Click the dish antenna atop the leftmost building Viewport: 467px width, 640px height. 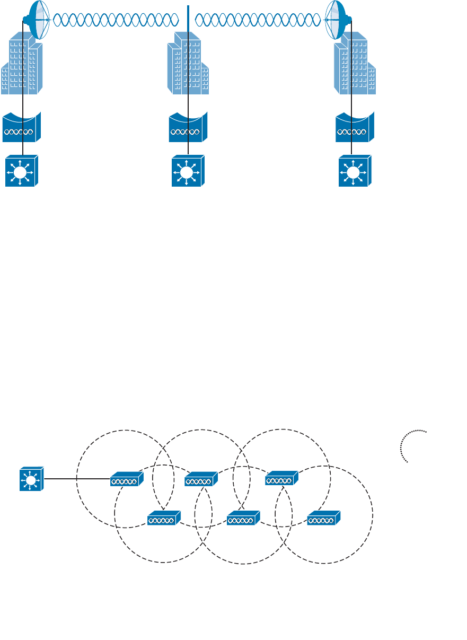tap(37, 20)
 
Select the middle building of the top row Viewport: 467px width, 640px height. tap(187, 64)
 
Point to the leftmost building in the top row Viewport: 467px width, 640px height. tap(22, 64)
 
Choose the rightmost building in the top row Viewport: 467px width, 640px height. tap(355, 64)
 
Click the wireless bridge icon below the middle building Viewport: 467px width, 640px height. tap(188, 128)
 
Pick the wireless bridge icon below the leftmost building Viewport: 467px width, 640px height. tap(21, 128)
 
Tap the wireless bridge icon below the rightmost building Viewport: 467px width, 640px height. tap(355, 128)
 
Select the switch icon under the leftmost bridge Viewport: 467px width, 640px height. tap(22, 171)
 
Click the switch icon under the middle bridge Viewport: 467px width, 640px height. tap(188, 171)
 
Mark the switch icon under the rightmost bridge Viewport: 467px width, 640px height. tap(355, 171)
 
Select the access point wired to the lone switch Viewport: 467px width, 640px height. tap(127, 479)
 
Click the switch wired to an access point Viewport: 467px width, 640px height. tap(31, 479)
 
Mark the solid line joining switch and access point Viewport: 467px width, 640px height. tap(77, 479)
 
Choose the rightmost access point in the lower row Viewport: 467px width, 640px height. tap(323, 518)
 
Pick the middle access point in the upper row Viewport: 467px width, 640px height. tap(201, 479)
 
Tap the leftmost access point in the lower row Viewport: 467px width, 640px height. tap(164, 518)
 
